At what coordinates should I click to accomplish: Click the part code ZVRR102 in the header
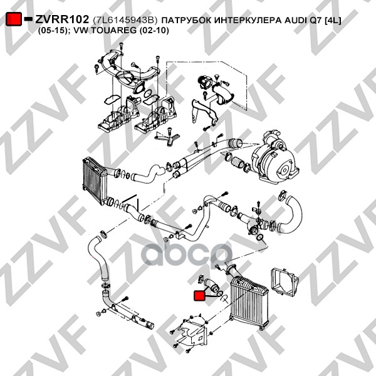(62, 19)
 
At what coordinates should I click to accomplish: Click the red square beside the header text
(14, 19)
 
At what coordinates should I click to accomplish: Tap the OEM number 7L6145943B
(125, 21)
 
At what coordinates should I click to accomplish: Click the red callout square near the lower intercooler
(199, 295)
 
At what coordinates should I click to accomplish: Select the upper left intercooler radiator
(95, 180)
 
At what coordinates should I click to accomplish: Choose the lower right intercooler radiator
(248, 302)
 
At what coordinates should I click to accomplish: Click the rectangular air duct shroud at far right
(284, 282)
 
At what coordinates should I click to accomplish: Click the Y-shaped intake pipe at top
(130, 69)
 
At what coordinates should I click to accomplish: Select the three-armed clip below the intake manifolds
(167, 137)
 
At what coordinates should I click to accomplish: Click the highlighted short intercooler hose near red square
(211, 284)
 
